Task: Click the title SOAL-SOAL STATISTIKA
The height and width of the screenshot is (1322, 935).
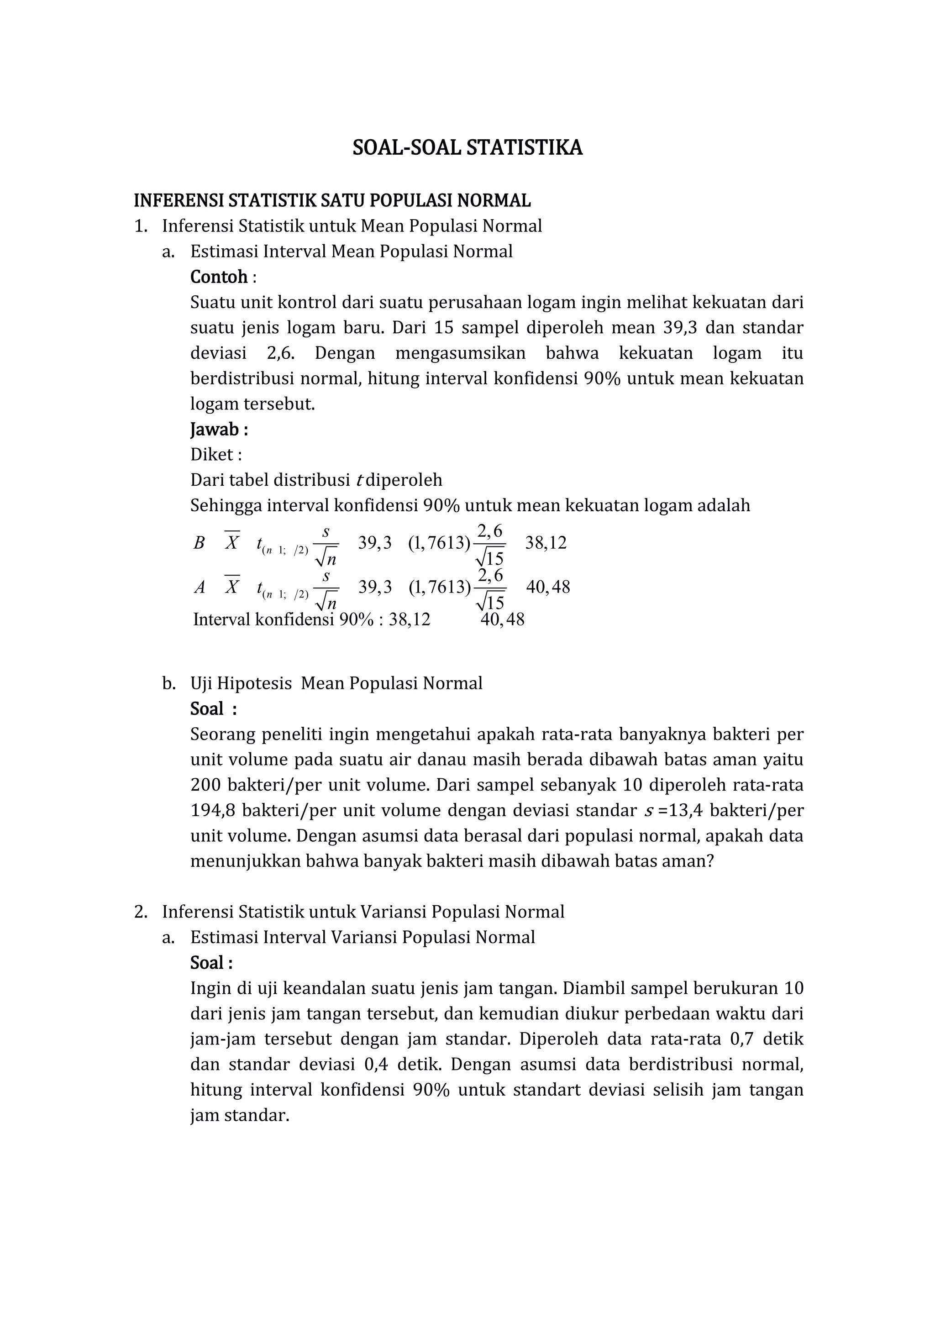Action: tap(467, 148)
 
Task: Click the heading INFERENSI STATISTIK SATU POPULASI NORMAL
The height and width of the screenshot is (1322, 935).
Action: tap(332, 200)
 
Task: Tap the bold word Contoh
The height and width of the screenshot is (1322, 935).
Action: tap(219, 277)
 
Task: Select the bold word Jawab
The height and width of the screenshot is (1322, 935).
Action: tap(215, 430)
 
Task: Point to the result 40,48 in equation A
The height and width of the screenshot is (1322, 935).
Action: tap(547, 588)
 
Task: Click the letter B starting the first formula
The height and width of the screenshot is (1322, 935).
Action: tap(199, 543)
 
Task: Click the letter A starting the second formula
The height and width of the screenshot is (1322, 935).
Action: tap(199, 588)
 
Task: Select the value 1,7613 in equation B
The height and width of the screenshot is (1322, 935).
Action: tap(439, 543)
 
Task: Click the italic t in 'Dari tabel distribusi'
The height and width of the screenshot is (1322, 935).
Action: tap(360, 480)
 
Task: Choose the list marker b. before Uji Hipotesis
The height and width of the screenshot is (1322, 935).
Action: tap(168, 683)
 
